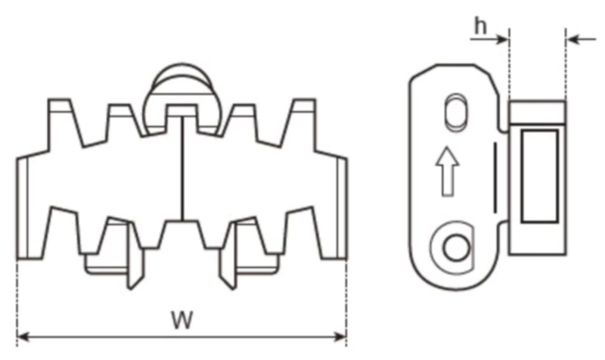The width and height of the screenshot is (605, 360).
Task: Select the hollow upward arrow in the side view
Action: point(448,171)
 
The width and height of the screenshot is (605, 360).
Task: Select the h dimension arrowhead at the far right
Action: point(572,38)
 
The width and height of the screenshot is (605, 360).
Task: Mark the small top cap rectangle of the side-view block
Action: point(537,112)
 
